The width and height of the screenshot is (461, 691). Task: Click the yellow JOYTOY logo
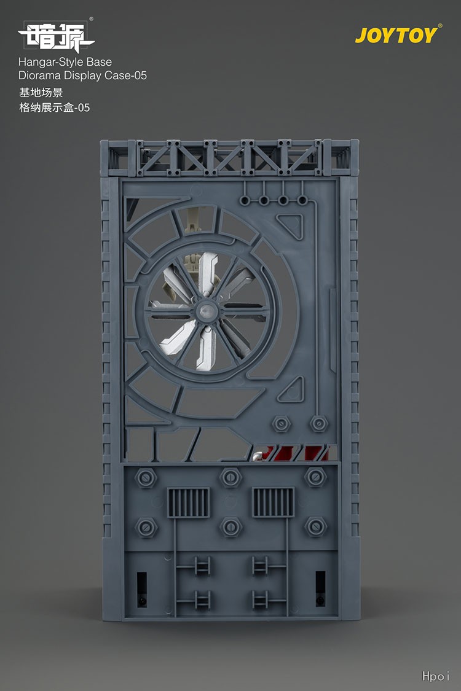click(x=398, y=35)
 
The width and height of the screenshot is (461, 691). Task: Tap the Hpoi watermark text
click(x=435, y=676)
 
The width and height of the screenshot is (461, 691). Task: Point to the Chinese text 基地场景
click(x=41, y=93)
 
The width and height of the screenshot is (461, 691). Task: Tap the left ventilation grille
click(x=188, y=502)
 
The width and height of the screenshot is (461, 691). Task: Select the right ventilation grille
click(x=273, y=502)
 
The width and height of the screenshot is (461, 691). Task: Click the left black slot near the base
click(x=141, y=590)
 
